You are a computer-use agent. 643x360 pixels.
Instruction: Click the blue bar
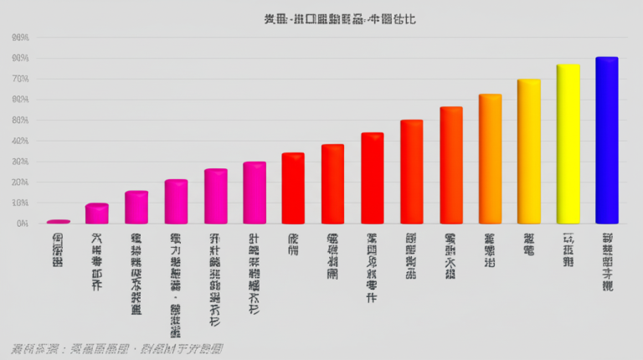click(x=606, y=141)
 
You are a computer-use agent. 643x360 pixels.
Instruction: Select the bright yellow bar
click(x=568, y=144)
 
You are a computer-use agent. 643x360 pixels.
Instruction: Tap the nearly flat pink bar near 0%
click(x=58, y=221)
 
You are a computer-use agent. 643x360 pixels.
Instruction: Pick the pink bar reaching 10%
click(x=97, y=213)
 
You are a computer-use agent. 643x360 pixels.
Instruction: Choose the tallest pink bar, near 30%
click(x=255, y=193)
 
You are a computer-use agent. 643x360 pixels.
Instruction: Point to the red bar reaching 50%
click(x=411, y=172)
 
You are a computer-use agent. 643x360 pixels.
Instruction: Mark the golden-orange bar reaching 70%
click(x=528, y=152)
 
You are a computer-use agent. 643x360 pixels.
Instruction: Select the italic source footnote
click(x=117, y=348)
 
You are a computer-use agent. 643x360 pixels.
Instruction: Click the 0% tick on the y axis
click(x=22, y=224)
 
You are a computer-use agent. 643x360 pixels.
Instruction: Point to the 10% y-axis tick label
click(x=21, y=203)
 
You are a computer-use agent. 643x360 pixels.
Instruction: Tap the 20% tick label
click(x=21, y=183)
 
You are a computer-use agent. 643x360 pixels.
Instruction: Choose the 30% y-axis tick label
click(x=21, y=162)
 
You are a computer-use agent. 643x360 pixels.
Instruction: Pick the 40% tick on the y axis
click(x=21, y=141)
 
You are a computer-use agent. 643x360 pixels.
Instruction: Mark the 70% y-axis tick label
click(x=21, y=79)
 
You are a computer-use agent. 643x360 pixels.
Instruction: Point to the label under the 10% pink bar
click(x=97, y=261)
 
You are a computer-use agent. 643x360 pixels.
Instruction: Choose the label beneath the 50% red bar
click(x=411, y=255)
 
